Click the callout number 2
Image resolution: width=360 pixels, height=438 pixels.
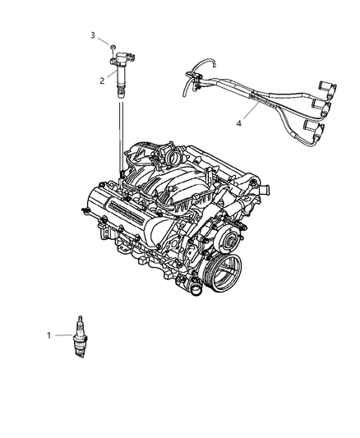coord(102,80)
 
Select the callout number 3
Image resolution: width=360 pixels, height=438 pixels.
coord(93,35)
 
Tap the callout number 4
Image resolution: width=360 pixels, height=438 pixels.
coord(239,124)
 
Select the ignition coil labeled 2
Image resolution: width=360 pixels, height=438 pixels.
coord(121,72)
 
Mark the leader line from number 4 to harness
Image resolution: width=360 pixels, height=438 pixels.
coord(246,115)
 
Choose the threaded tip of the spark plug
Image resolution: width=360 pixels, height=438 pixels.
coord(81,351)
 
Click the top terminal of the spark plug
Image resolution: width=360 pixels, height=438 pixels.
coord(81,317)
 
